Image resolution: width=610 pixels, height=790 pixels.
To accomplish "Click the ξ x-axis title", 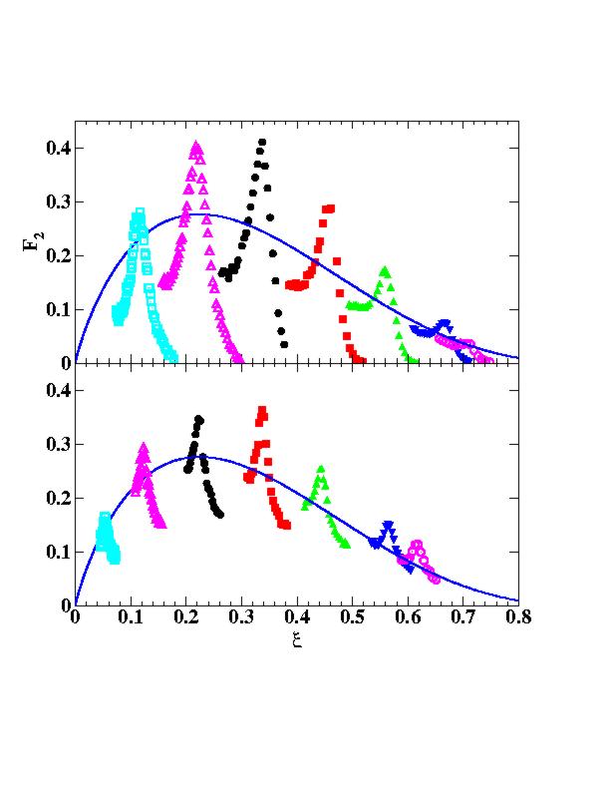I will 296,639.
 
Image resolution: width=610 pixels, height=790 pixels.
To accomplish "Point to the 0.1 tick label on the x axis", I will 130,618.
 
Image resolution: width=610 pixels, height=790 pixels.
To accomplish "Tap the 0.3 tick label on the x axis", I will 240,618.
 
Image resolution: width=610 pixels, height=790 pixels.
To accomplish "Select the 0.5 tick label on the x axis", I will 352,618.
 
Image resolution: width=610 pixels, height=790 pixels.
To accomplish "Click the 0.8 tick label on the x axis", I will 518,618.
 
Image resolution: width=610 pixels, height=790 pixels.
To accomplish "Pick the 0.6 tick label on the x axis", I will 408,618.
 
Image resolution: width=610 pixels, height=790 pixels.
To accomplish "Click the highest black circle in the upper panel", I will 262,143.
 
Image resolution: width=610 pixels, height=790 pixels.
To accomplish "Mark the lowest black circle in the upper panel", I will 284,344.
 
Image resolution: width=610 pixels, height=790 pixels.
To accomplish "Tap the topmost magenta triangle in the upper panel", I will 196,146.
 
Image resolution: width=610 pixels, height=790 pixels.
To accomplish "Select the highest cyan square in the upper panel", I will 140,211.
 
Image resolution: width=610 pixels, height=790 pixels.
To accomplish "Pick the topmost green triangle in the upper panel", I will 385,270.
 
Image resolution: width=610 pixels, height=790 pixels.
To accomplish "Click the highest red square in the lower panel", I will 262,409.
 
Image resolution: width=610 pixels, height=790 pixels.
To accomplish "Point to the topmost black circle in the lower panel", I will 198,420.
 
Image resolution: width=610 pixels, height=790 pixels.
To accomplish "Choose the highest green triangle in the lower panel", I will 321,469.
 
